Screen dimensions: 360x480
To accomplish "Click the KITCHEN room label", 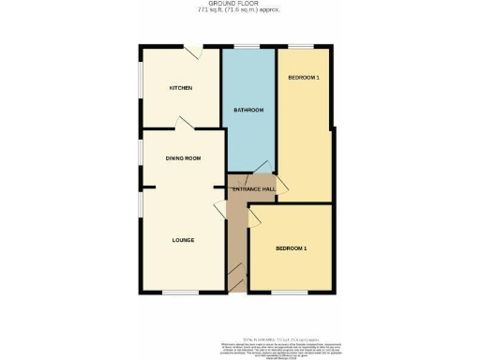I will pos(181,88).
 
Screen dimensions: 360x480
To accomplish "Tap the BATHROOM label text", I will pos(248,110).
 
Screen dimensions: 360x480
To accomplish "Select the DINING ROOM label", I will pos(184,158).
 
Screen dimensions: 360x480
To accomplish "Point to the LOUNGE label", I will pos(183,240).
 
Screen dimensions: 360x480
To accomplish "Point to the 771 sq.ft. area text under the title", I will pos(239,12).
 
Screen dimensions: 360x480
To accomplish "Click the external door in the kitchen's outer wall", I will pos(191,51).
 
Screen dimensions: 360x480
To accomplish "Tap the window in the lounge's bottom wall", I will pos(179,292).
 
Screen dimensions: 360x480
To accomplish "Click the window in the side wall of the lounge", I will pos(141,203).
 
